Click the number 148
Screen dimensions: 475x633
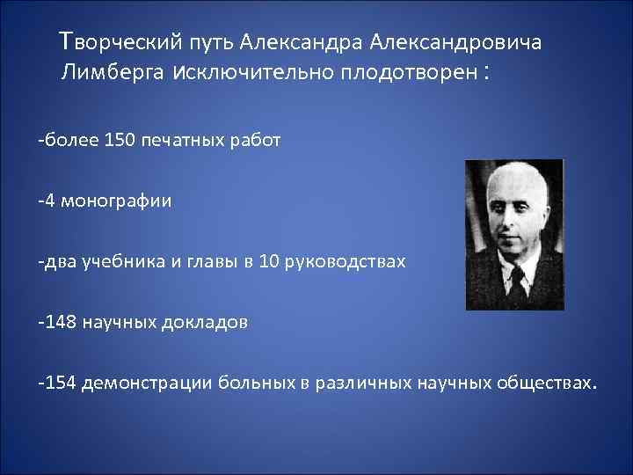(62, 322)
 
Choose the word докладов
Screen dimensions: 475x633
(205, 322)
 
